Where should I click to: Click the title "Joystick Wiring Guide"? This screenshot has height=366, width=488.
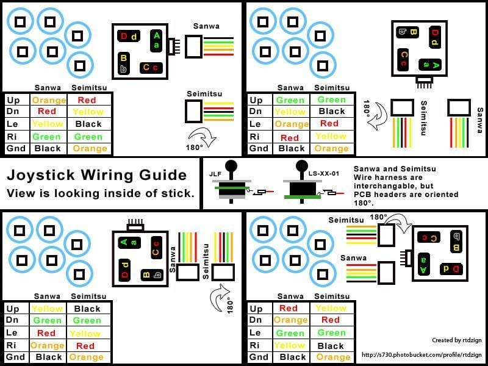(x=96, y=176)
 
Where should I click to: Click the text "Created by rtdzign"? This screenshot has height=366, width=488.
(x=452, y=340)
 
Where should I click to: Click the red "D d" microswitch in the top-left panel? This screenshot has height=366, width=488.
(x=128, y=37)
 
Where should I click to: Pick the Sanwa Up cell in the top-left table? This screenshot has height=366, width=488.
(x=49, y=100)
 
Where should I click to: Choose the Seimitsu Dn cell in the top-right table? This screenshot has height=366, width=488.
(x=331, y=112)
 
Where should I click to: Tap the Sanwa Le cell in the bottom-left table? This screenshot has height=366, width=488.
(x=46, y=333)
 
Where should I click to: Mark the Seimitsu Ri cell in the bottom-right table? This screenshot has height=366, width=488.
(x=331, y=345)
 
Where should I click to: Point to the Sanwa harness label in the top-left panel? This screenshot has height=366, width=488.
(x=206, y=26)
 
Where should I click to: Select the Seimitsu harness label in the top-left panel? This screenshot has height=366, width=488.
(x=204, y=93)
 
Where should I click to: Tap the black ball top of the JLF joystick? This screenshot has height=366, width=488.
(x=231, y=165)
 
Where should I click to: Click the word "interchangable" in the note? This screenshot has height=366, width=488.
(x=383, y=186)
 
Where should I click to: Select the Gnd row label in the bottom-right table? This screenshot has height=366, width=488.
(x=259, y=357)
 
